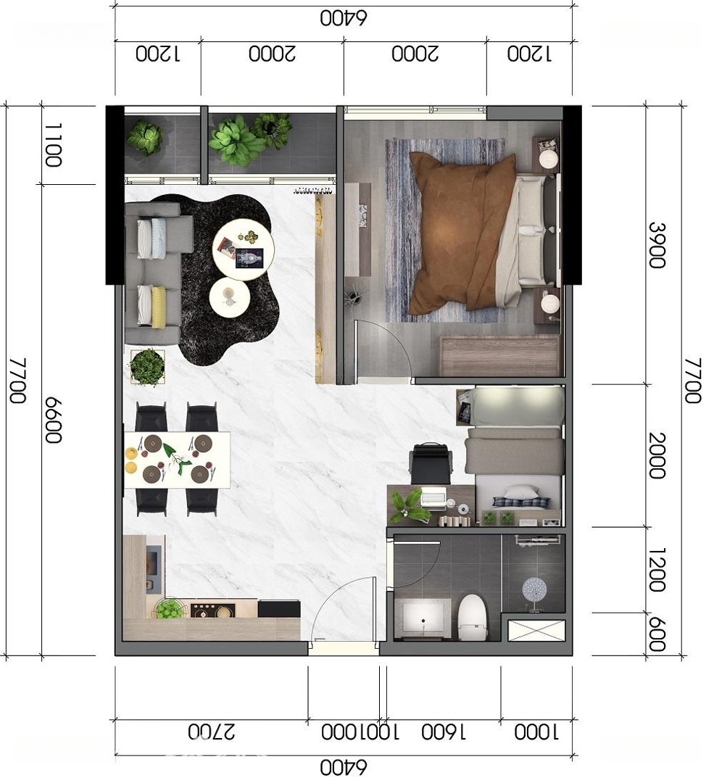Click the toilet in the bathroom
point(473,617)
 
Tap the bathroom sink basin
point(423,618)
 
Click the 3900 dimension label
point(657,245)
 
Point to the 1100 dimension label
point(53,145)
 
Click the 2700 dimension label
point(211,732)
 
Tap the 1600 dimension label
point(444,732)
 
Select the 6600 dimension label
point(54,420)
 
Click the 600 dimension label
point(657,634)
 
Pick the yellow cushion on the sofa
point(158,307)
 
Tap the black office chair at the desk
point(431,463)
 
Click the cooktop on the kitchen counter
point(212,610)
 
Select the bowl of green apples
point(169,608)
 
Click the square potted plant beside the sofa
point(147,367)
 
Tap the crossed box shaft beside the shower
point(536,630)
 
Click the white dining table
point(178,460)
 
